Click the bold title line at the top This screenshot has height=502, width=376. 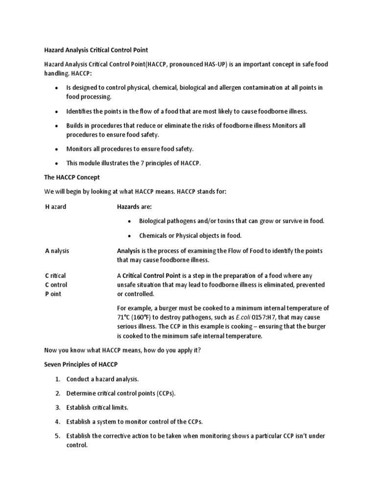tap(96, 50)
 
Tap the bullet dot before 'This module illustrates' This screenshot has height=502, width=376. tap(56, 163)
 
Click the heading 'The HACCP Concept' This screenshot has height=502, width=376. tap(72, 177)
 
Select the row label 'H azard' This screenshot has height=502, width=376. tap(55, 206)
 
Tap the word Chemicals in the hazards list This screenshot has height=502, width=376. tap(154, 235)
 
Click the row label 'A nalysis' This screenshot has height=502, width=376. tap(57, 251)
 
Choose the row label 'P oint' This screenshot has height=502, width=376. tap(53, 294)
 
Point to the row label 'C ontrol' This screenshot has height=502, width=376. tap(56, 284)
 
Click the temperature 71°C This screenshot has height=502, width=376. tap(125, 317)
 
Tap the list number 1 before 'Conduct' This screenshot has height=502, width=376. tap(57, 379)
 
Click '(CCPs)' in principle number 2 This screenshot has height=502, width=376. tap(164, 393)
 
